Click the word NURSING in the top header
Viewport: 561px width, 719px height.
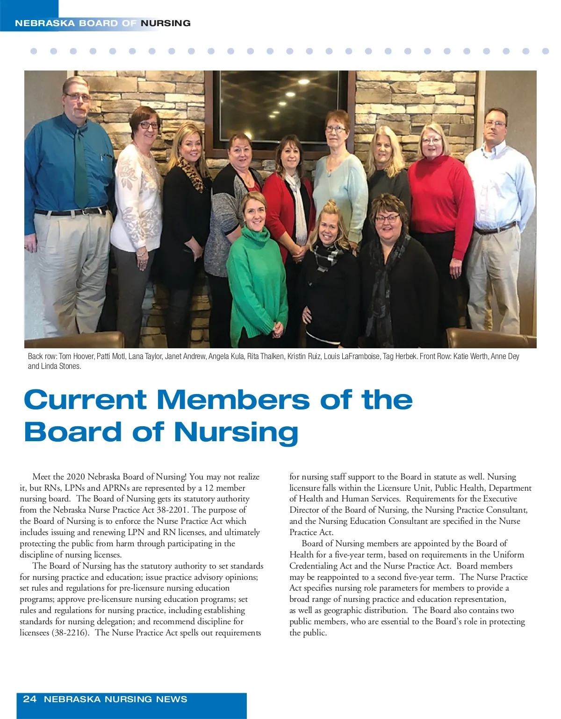click(165, 23)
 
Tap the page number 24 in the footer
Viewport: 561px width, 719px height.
click(29, 699)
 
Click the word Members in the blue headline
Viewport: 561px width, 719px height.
click(233, 400)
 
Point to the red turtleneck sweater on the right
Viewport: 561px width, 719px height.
click(439, 196)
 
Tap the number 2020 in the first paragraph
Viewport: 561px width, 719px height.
click(76, 477)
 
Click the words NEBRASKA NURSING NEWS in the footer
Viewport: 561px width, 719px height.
click(115, 699)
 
